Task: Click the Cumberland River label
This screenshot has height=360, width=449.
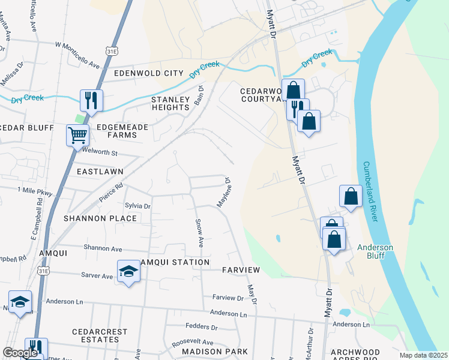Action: point(370,191)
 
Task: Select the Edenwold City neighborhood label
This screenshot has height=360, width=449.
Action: point(148,73)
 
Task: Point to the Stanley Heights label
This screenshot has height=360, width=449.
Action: point(170,103)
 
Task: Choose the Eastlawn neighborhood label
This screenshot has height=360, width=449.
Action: point(100,172)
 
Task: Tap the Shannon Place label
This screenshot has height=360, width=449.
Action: point(100,218)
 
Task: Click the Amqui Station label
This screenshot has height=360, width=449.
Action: point(175,262)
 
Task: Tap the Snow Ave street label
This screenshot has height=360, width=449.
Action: point(199,232)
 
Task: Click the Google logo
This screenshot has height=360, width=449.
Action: point(20,353)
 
